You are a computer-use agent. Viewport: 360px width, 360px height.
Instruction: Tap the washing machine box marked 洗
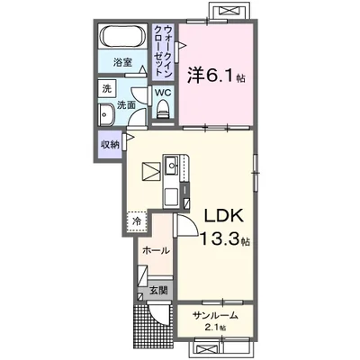pos(107,90)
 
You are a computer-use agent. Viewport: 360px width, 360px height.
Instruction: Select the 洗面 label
pos(129,104)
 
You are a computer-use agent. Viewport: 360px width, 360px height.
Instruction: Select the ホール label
pos(157,251)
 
